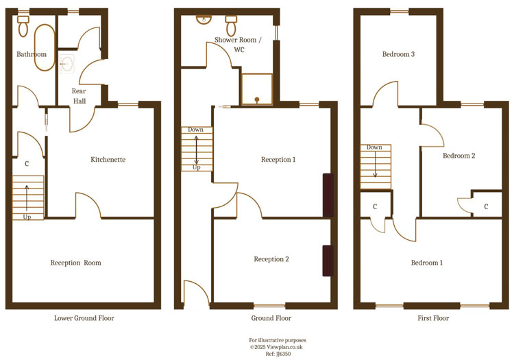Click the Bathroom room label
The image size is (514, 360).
(x=32, y=54)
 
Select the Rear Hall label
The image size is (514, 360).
(x=79, y=96)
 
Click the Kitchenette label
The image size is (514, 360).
(x=108, y=160)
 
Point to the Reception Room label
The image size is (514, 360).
(x=75, y=263)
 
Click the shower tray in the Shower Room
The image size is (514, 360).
(x=256, y=89)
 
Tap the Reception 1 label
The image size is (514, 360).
(x=278, y=160)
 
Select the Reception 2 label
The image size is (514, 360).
(x=271, y=259)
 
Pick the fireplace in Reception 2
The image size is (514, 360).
(x=328, y=261)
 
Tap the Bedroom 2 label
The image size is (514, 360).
(x=458, y=156)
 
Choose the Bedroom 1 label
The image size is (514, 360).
(x=426, y=263)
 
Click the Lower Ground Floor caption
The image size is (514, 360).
(x=84, y=318)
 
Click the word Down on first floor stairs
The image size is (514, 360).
(x=374, y=147)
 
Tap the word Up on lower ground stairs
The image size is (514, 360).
(x=27, y=217)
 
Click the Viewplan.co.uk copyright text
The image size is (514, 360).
(x=278, y=347)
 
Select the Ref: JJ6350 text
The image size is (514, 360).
(x=278, y=354)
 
